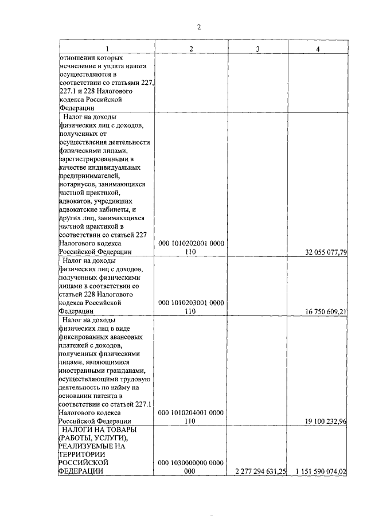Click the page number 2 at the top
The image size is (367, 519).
[199, 27]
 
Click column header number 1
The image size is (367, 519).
[106, 49]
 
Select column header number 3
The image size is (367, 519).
[257, 49]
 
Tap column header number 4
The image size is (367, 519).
[318, 49]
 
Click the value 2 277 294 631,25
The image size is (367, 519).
[257, 471]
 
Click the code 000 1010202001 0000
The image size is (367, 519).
[191, 243]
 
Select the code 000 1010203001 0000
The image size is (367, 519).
[191, 303]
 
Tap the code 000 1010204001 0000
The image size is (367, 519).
[191, 412]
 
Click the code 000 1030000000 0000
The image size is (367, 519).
[191, 463]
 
